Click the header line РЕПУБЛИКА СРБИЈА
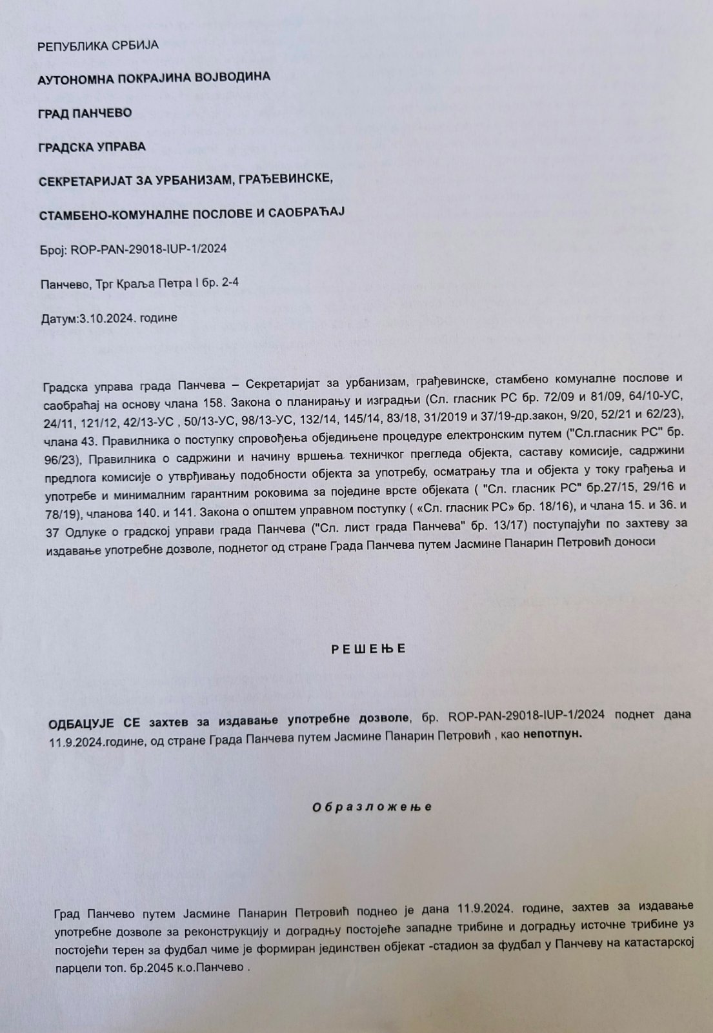[98, 46]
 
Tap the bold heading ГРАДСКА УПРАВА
[92, 146]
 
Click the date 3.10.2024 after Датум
[101, 318]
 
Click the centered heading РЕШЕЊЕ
[368, 649]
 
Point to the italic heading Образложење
[371, 807]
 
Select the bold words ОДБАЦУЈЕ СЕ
[94, 717]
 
